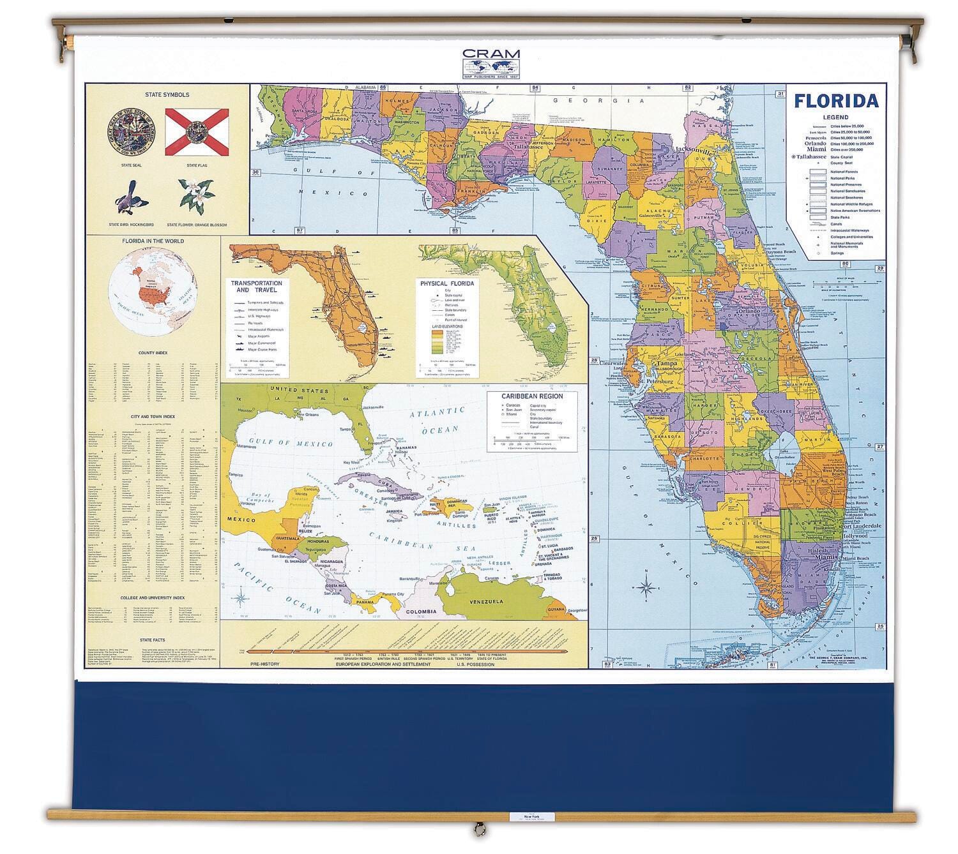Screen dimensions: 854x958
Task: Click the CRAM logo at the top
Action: (491, 64)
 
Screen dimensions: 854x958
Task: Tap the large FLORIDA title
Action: (835, 101)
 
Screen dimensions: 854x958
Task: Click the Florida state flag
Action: (197, 132)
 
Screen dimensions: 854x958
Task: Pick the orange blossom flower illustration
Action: (196, 195)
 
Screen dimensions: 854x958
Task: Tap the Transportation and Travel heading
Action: (256, 286)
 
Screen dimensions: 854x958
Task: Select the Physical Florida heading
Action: (446, 283)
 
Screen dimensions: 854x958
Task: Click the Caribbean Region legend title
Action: (533, 396)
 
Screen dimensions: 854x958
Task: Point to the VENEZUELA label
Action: (486, 602)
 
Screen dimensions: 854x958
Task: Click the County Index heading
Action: (153, 352)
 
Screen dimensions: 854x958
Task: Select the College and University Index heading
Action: (153, 598)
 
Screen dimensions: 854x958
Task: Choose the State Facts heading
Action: (153, 639)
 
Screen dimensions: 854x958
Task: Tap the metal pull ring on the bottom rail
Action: (477, 830)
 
